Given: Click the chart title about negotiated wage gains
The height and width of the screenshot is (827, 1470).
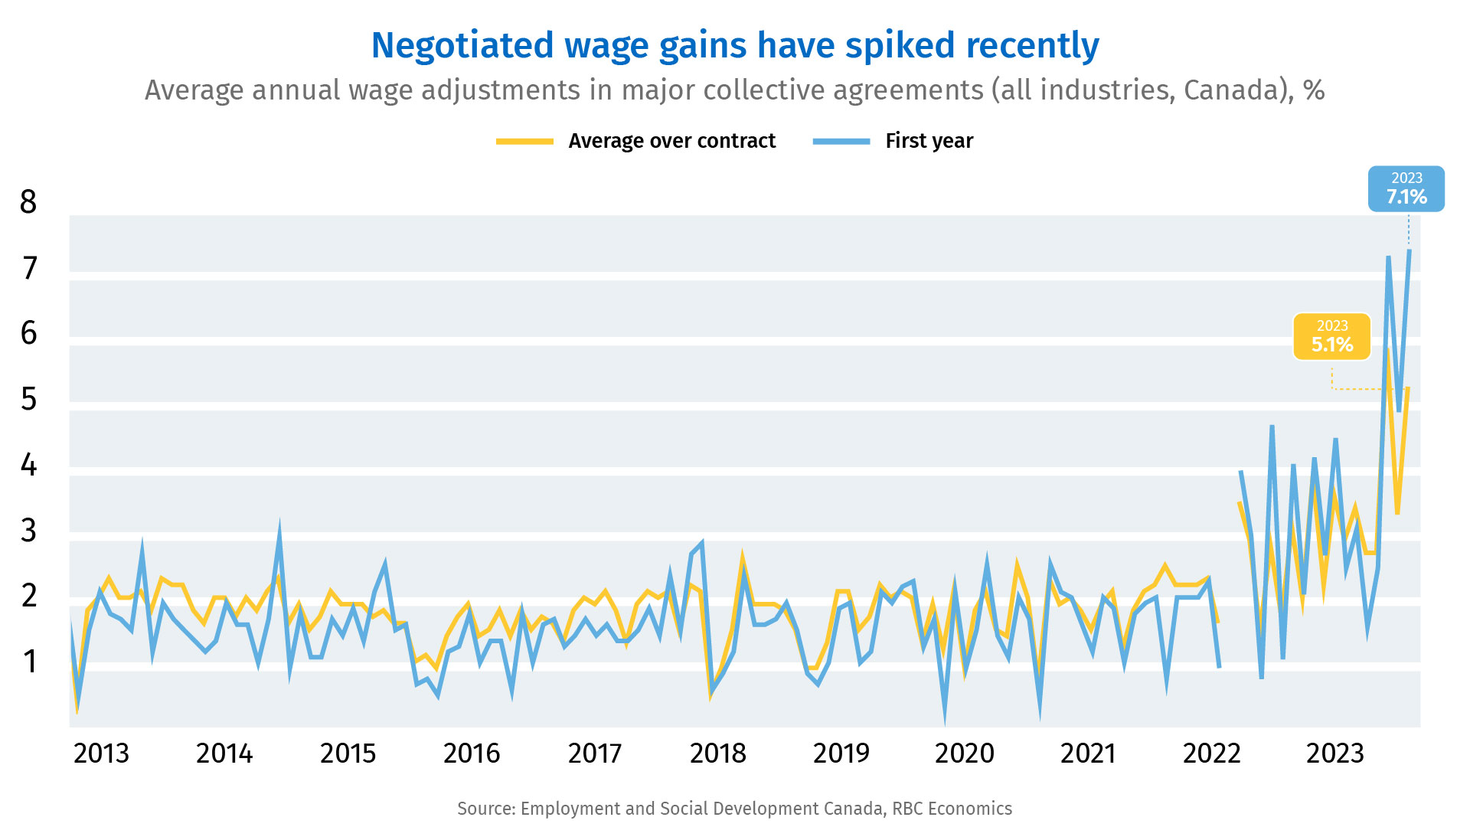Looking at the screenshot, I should pos(735,46).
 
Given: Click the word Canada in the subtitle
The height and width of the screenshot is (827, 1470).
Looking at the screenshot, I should pos(1232,90).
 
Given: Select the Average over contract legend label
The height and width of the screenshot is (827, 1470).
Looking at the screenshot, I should pos(671,141).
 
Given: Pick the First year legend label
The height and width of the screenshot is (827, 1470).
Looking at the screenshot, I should pos(929,141).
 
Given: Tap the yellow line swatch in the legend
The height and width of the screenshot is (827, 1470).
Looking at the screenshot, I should pos(524,141).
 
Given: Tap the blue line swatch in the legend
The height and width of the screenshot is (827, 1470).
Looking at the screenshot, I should pos(841,141).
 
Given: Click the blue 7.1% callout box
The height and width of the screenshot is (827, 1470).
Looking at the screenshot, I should pos(1406,188).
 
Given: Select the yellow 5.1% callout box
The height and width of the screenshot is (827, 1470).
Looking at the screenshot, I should pos(1332,336).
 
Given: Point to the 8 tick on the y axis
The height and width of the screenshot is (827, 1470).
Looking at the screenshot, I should pos(28,202).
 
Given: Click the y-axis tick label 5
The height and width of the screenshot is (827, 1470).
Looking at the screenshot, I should pos(28,399).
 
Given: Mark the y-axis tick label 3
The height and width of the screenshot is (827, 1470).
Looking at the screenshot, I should pos(28,530).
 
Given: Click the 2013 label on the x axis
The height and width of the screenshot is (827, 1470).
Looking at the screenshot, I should pos(101,753).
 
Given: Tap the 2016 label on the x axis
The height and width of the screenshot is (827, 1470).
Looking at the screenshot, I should pos(472,753).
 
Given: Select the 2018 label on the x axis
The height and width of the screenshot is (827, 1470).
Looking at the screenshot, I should pos(718,753).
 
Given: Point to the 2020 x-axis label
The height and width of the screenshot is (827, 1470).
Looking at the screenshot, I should pos(965,753).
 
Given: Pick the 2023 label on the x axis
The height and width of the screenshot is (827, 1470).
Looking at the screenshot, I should pos(1335,753).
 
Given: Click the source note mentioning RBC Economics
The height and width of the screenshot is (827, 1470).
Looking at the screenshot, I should pos(735,809).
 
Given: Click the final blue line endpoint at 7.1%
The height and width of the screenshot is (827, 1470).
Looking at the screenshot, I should pos(1409,250).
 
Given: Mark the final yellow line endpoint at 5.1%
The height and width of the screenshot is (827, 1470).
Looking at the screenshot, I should pos(1408,388).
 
